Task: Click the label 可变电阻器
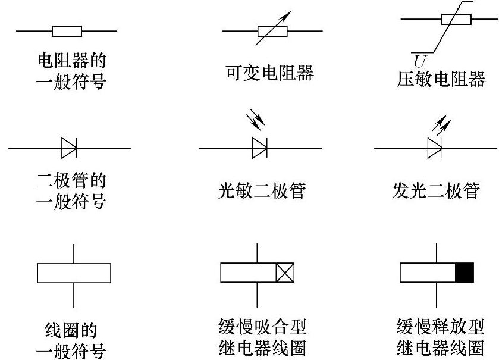(269, 74)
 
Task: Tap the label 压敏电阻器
(441, 79)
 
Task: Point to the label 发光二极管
(436, 192)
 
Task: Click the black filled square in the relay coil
(465, 273)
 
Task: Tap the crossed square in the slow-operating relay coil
(285, 273)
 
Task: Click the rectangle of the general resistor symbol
(67, 31)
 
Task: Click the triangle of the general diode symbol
(68, 148)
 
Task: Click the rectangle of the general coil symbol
(74, 273)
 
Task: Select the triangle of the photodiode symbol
(259, 148)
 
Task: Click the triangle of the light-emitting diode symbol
(435, 148)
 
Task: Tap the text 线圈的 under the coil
(71, 330)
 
